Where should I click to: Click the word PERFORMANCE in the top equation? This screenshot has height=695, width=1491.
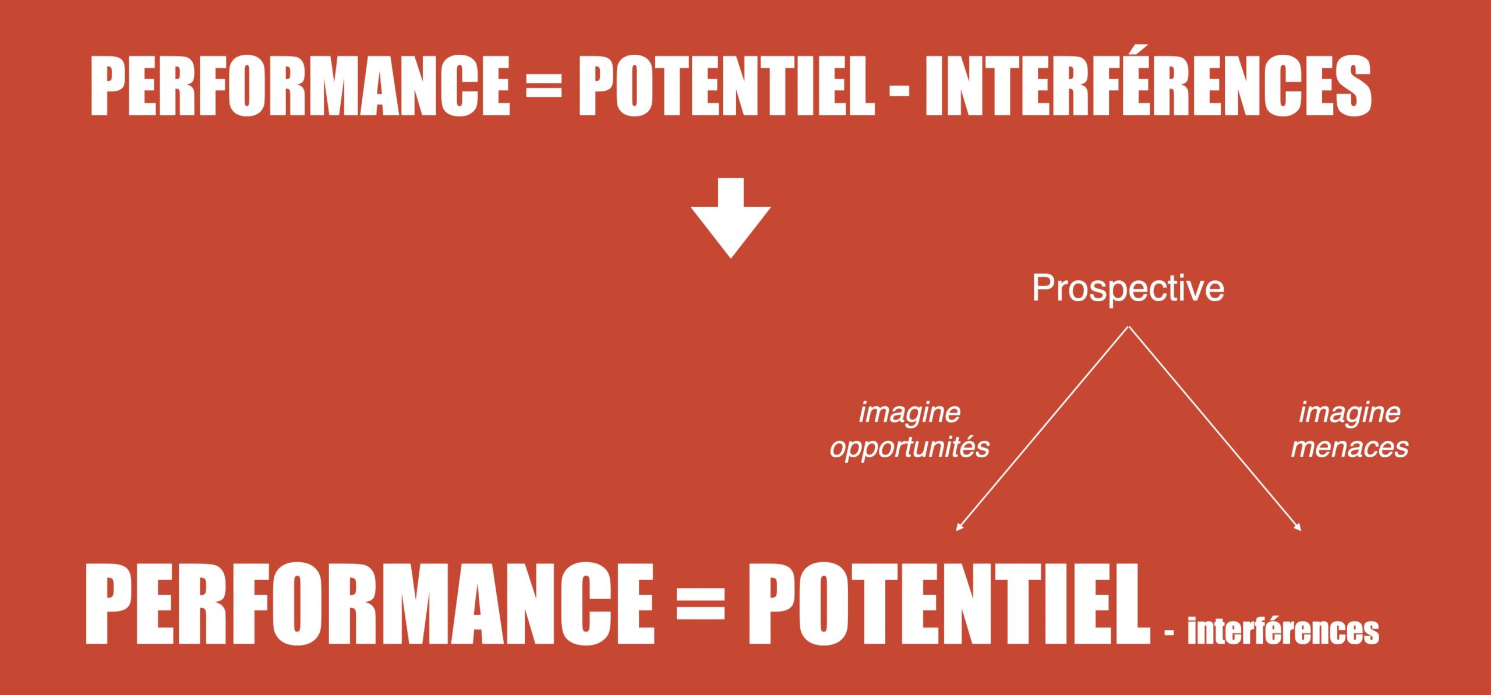click(x=300, y=86)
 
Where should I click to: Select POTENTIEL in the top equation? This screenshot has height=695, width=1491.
click(x=726, y=86)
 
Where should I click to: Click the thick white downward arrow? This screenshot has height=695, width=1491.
click(x=731, y=218)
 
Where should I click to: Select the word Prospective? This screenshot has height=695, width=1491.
click(x=1128, y=288)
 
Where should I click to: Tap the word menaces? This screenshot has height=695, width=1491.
click(x=1349, y=447)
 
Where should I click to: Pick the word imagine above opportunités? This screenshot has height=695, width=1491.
click(x=910, y=413)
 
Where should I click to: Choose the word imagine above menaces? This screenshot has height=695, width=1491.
click(x=1349, y=413)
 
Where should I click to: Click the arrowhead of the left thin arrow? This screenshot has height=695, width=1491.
click(x=959, y=528)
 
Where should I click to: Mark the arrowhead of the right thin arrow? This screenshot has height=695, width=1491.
click(x=1298, y=528)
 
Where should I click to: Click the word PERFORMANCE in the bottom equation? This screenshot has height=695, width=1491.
click(x=370, y=604)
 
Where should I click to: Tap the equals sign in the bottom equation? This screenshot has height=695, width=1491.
click(x=701, y=604)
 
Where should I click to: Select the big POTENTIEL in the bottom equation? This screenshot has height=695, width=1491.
click(x=949, y=604)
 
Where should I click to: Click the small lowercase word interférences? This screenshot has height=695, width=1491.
click(x=1283, y=630)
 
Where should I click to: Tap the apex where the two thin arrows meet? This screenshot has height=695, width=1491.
click(x=1129, y=327)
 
